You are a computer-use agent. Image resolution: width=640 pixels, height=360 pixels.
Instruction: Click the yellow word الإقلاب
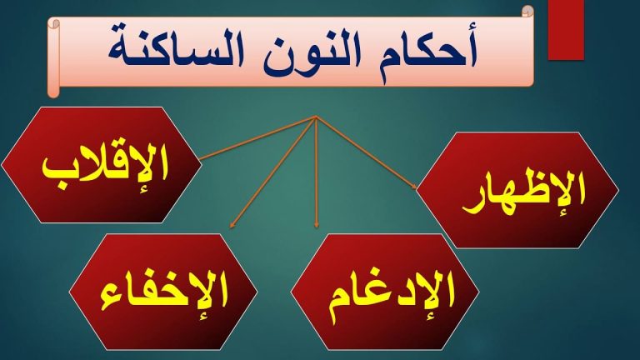pos(105,167)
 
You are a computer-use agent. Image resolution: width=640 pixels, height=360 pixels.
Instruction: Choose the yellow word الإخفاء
pos(163,294)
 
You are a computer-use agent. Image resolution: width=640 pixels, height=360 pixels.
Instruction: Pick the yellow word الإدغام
pos(391,295)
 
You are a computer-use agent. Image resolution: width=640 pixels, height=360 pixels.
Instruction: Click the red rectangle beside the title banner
pos(566,30)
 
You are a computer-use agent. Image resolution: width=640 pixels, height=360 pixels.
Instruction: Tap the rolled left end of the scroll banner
pos(54,58)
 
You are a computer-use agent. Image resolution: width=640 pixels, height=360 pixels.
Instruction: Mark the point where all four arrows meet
pos(316,117)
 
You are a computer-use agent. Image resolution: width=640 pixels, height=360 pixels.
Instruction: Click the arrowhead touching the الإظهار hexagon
pos(414,187)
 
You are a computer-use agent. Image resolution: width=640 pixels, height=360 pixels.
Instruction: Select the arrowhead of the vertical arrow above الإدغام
pos(317,225)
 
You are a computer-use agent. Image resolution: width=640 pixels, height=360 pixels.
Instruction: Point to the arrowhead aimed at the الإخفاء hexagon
pos(232,225)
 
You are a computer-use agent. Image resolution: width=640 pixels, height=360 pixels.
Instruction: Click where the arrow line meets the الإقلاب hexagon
pos(200,158)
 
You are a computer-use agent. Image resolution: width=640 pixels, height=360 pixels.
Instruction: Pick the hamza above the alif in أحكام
pos(472,29)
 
